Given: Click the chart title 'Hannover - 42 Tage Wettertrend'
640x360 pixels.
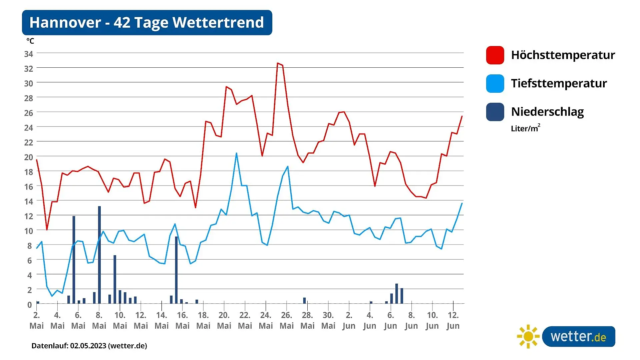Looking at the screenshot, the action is pos(147,22).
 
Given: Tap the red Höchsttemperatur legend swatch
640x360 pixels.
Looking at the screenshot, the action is pos(495,55).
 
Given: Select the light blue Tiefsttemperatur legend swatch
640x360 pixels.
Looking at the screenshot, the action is pos(495,83).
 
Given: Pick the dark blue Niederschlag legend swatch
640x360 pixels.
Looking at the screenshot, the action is pos(495,112).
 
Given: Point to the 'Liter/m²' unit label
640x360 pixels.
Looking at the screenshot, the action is pos(526,128).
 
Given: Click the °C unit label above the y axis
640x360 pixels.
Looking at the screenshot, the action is pos(30,41).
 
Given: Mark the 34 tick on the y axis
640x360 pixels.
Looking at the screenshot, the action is pos(29,54).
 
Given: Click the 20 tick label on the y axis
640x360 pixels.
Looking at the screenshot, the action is pos(29,157).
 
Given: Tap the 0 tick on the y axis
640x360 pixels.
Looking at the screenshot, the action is pos(30,305).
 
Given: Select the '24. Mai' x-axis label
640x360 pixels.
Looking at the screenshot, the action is pos(266,320).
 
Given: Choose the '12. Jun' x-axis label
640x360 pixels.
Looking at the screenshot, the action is pos(453,320).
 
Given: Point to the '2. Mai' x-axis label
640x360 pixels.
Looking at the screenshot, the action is pos(37,320).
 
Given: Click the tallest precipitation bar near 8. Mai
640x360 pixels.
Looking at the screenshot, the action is pos(99,255).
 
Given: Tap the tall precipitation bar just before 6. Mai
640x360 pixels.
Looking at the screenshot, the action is pos(74,260).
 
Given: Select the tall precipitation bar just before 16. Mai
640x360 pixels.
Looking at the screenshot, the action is pos(176,270).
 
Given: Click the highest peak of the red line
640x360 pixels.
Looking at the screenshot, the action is pos(278,63).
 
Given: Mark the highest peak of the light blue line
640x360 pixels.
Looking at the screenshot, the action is pos(236,153).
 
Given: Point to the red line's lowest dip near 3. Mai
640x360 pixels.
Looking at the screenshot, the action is pos(47,230).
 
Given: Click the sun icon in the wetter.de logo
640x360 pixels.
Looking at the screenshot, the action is pos(528,337).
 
